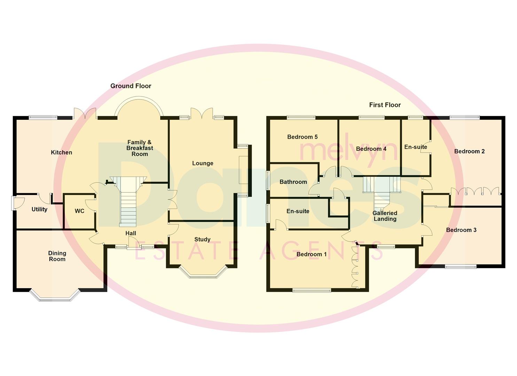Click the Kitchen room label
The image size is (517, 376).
(61, 152)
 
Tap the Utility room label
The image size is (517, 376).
(39, 209)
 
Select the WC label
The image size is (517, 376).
(79, 211)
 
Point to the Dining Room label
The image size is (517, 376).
(57, 256)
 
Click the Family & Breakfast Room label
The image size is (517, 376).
(140, 148)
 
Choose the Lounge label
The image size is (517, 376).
(203, 163)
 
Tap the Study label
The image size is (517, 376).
(202, 240)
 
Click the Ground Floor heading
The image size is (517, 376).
(131, 86)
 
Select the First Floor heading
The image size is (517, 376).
(385, 105)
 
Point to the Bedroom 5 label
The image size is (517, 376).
(302, 137)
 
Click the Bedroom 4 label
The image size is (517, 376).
(371, 149)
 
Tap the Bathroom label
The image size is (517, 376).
(293, 182)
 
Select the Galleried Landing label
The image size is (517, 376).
(385, 216)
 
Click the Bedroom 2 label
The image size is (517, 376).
(469, 151)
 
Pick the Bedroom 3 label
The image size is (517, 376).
(461, 230)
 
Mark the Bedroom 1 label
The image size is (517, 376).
(312, 254)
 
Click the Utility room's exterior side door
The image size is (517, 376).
(14, 203)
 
